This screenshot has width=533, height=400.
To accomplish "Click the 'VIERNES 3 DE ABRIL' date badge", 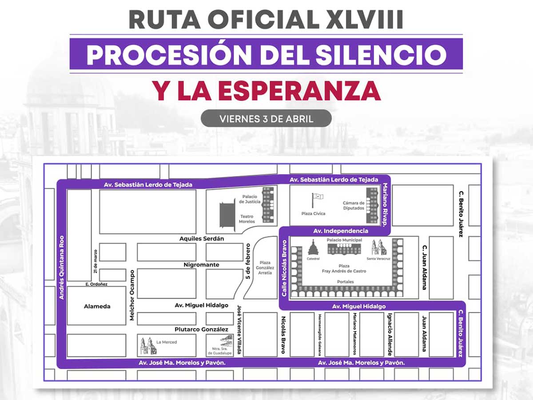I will [x=266, y=119].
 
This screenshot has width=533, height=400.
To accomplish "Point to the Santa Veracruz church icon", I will [x=378, y=248].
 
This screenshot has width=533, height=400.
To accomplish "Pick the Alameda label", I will [x=97, y=306].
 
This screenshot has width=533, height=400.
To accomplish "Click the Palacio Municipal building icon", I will [x=344, y=248].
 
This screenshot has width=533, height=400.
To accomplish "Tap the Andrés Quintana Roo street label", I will [x=62, y=267].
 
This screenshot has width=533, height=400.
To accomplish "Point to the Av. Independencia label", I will [x=341, y=231].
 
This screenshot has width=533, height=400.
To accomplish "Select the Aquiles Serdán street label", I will [x=202, y=239].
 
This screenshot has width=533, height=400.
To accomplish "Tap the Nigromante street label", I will [x=202, y=265].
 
